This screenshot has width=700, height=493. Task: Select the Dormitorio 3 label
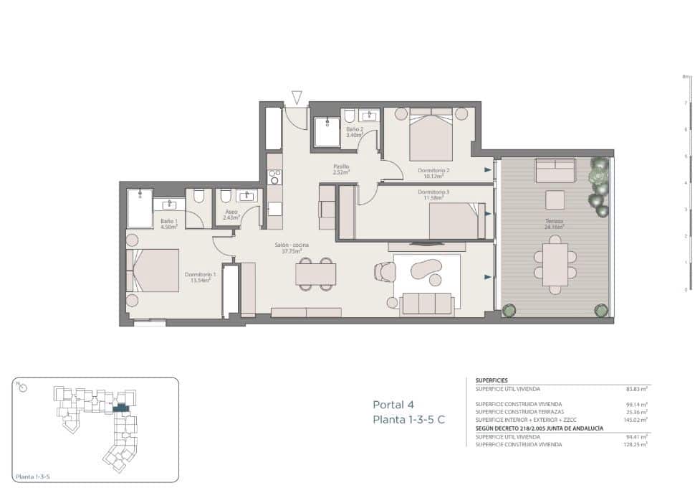(433, 192)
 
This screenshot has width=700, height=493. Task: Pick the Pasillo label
(340, 169)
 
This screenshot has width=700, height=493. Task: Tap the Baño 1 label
(169, 224)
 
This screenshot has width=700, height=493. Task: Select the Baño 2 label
(355, 132)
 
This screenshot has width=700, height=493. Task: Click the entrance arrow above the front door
(297, 97)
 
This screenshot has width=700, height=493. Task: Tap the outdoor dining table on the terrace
(555, 264)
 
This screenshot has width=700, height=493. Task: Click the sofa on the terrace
(555, 171)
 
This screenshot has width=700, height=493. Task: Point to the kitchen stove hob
(274, 177)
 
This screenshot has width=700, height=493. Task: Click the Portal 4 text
(393, 404)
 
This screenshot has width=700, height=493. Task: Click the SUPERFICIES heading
(492, 381)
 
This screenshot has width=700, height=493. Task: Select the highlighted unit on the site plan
(121, 408)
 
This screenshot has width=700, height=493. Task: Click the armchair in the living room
(384, 271)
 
